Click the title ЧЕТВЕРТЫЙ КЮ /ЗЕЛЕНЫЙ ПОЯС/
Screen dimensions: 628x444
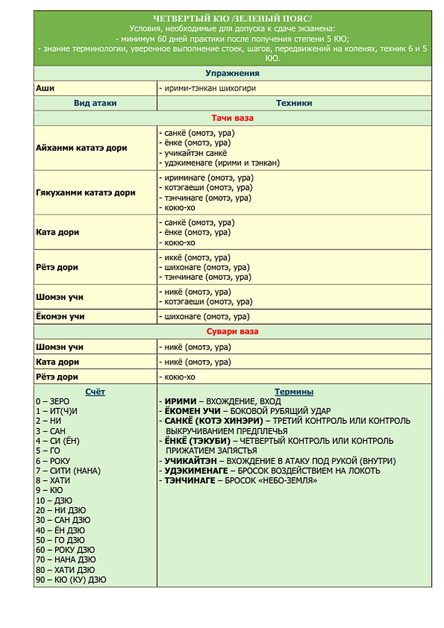[232, 18]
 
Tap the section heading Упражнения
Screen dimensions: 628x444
[232, 73]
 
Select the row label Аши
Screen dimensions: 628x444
[45, 88]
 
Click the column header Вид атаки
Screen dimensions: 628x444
[95, 103]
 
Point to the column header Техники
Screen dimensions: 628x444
[294, 103]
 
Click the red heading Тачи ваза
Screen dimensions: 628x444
[232, 118]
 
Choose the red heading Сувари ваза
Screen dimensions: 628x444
[232, 332]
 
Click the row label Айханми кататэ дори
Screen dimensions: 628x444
[81, 148]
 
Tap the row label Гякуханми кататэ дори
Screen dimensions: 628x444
[85, 193]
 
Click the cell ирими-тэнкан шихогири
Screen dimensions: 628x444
[207, 88]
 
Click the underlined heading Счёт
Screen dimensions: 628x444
[95, 392]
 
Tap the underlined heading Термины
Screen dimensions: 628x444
[294, 392]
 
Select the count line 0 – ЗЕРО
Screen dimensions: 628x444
[52, 402]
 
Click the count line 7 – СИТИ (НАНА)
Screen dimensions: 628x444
[68, 471]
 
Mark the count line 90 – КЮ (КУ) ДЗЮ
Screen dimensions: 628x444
[71, 580]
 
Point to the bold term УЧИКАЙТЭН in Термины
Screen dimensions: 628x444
[193, 461]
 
